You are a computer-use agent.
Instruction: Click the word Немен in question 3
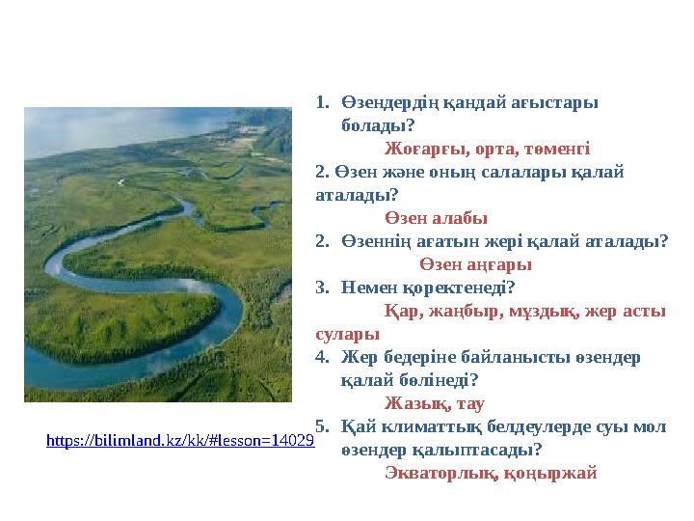pos(367,288)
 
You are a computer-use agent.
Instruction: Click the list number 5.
pos(322,426)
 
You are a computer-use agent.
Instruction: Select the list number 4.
pos(322,357)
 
